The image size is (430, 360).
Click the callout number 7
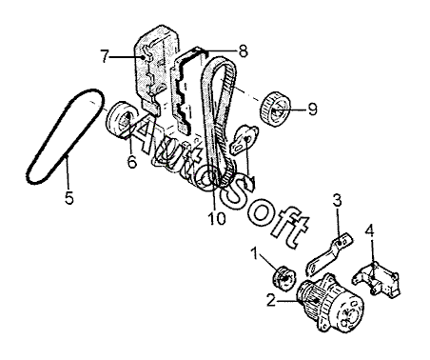[x=106, y=56]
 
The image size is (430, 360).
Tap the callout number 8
[x=243, y=51]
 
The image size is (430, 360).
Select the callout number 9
[x=312, y=110]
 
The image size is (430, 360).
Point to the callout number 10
[x=217, y=218]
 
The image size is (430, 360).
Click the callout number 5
[x=69, y=198]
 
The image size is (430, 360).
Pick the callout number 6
[x=132, y=162]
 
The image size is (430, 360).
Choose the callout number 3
[x=337, y=201]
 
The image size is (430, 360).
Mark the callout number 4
[x=369, y=230]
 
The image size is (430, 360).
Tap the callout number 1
[x=255, y=254]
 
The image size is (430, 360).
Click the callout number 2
[x=271, y=300]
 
